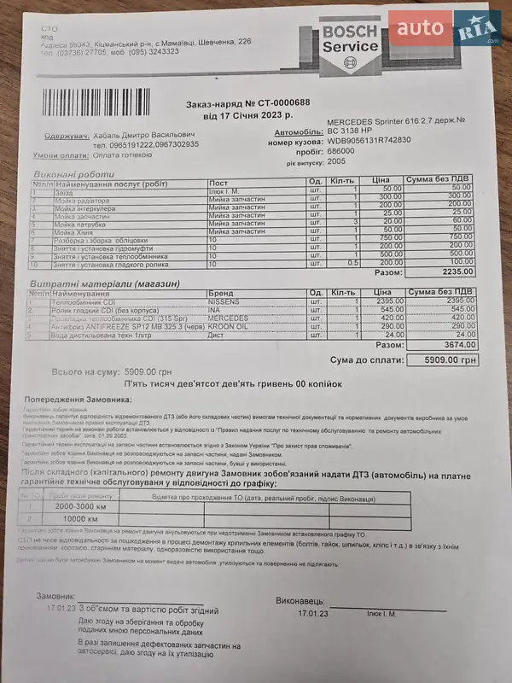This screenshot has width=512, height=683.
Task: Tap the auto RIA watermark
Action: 443,32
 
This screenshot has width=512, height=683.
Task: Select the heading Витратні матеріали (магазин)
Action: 105,283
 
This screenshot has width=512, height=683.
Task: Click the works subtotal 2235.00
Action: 457,271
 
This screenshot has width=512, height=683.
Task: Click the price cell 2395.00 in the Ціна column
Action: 387,301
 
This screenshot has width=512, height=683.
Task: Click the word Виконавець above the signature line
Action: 301,602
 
